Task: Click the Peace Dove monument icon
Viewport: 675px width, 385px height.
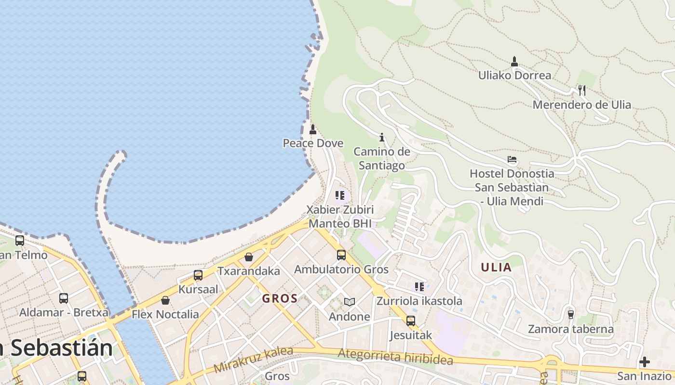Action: click(x=313, y=129)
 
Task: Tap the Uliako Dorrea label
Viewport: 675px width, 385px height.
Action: click(x=514, y=76)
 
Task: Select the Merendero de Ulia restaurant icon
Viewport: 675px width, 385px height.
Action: click(x=582, y=90)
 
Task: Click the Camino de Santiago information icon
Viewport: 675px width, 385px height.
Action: click(x=382, y=138)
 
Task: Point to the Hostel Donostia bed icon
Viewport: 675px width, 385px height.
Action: click(x=512, y=159)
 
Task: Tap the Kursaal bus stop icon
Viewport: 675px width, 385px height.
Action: click(x=198, y=275)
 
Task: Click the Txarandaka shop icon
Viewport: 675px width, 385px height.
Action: click(x=249, y=257)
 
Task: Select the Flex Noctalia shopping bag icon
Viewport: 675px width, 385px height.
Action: click(x=165, y=300)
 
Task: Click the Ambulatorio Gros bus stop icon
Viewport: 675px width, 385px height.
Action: click(x=341, y=255)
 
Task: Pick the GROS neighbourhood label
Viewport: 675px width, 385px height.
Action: click(x=280, y=298)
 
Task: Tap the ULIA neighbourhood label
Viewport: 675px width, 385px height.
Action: click(x=496, y=268)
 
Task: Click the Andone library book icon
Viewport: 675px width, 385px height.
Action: click(x=350, y=302)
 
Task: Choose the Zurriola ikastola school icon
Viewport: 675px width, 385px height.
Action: click(x=419, y=287)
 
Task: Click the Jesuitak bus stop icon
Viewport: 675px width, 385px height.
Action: click(x=411, y=321)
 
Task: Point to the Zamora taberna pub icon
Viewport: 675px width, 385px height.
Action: click(x=571, y=314)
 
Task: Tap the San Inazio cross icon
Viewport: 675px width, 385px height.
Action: click(x=645, y=362)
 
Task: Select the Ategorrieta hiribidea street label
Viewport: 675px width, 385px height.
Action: click(x=395, y=357)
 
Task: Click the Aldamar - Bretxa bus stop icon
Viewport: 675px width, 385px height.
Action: click(x=64, y=298)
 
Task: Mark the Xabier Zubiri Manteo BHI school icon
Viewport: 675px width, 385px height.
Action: click(x=340, y=195)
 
